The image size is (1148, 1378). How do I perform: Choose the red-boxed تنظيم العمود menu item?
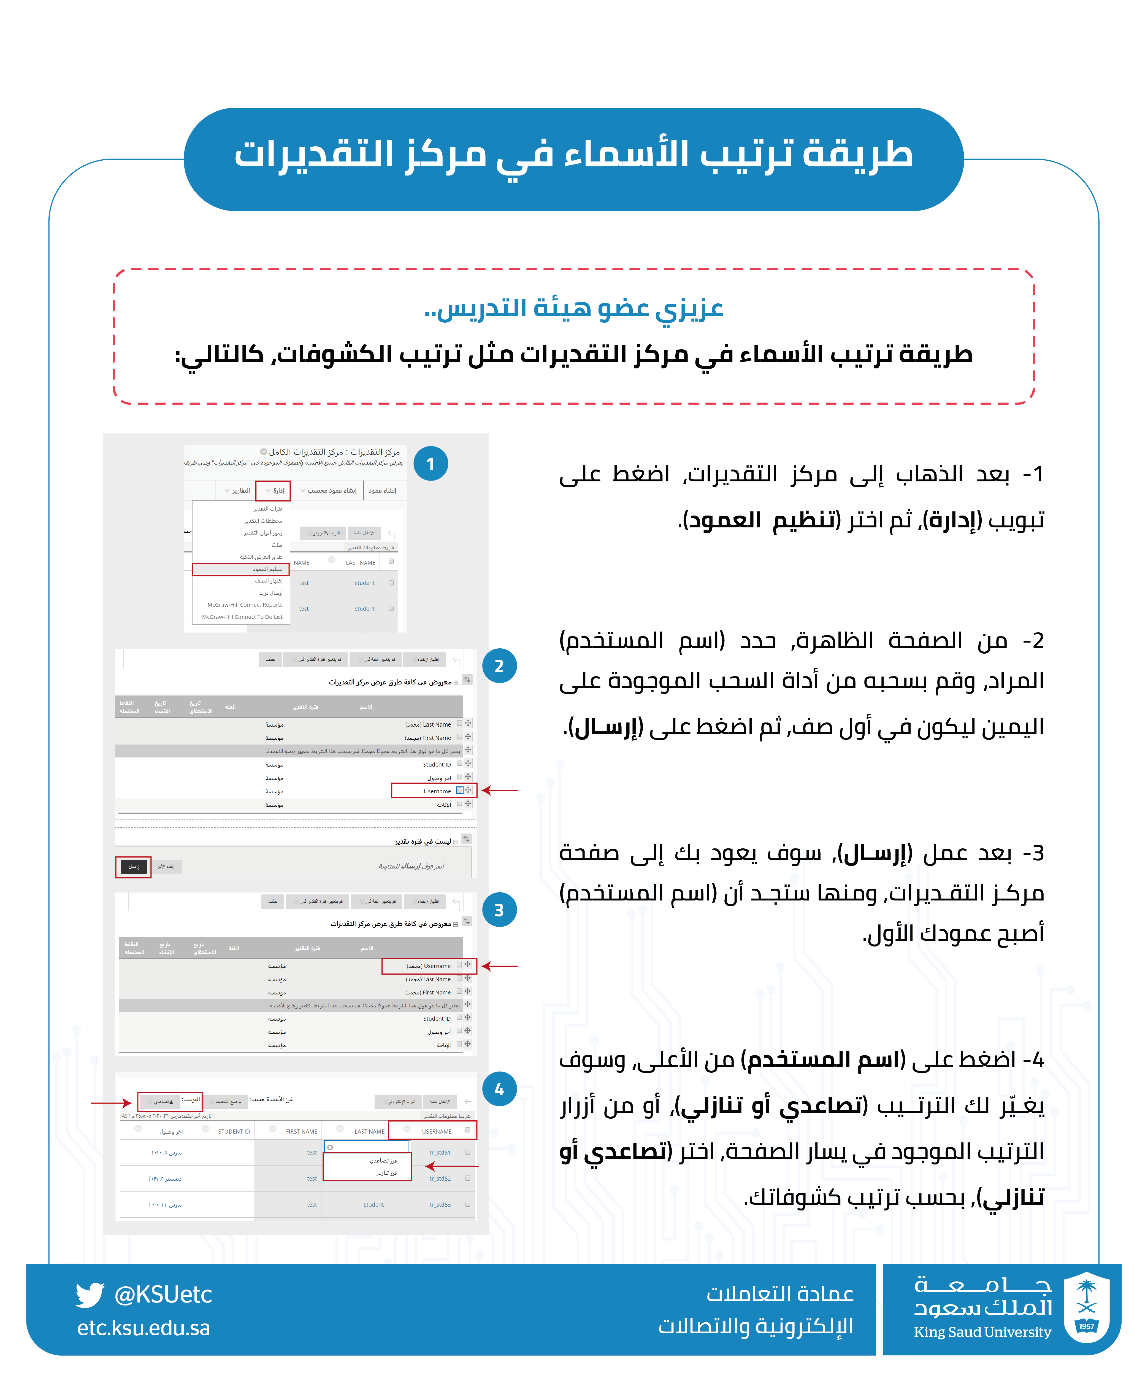pos(241,569)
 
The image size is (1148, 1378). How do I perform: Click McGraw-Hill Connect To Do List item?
pos(242,617)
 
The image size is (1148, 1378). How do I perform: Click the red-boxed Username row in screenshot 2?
pos(433,791)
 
